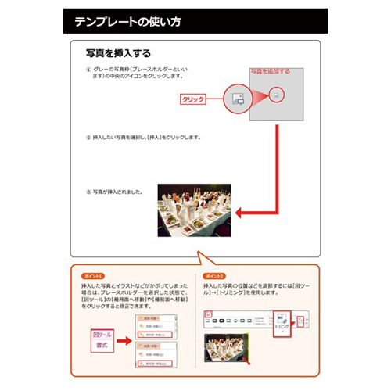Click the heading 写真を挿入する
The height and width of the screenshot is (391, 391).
(118, 54)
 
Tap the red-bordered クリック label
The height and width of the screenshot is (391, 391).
(192, 99)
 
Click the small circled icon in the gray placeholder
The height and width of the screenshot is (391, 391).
(276, 93)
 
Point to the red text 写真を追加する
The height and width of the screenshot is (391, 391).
(270, 71)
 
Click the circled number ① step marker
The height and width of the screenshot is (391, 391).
(88, 70)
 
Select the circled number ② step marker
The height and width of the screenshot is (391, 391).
(88, 138)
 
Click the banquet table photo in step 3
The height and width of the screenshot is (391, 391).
(194, 210)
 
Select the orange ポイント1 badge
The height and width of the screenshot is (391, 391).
(91, 277)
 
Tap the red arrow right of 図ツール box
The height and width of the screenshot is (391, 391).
(124, 339)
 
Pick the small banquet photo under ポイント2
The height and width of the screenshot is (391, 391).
(225, 350)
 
